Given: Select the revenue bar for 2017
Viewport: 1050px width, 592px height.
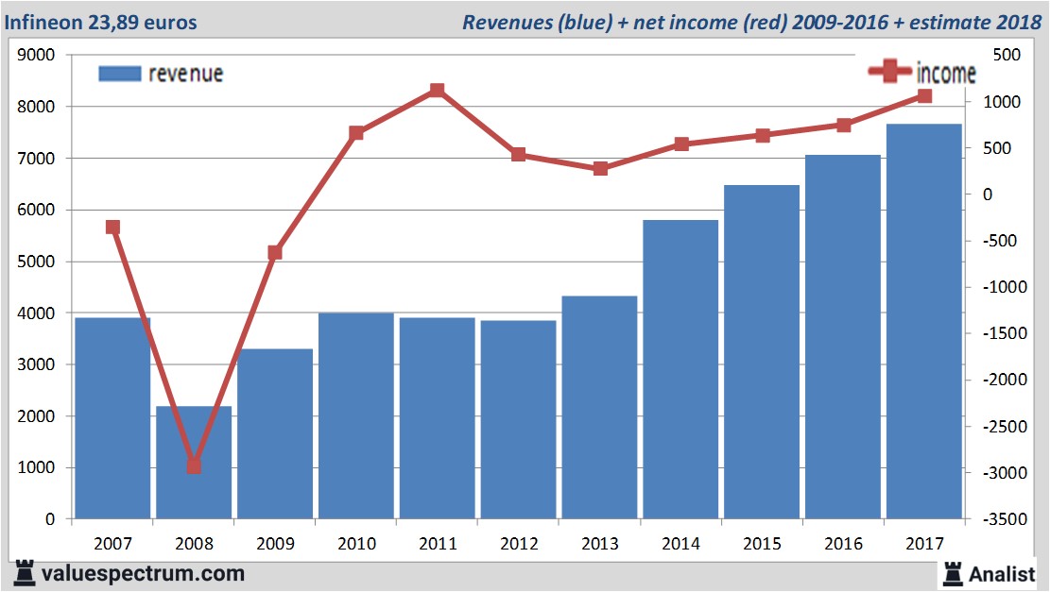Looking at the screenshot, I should click(923, 321).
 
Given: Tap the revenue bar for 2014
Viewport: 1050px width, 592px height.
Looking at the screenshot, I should click(680, 368).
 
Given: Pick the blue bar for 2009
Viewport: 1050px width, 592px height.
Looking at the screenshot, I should click(275, 434).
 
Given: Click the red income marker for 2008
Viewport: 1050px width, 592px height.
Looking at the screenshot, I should click(194, 465).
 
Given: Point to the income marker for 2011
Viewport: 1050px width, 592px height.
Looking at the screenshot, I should click(437, 91).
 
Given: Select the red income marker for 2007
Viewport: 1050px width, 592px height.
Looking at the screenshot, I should click(112, 227).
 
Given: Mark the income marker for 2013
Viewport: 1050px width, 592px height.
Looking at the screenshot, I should click(599, 169).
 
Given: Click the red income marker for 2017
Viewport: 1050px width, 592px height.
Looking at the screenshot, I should click(923, 96).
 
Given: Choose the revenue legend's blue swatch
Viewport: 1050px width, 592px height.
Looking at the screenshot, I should click(119, 74).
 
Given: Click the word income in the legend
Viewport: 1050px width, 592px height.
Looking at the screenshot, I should click(946, 73).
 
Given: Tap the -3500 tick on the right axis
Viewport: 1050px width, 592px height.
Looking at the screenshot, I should click(1005, 519).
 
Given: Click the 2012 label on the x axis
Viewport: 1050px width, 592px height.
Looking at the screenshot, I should click(518, 544).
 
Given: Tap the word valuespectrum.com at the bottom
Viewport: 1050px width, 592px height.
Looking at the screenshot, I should click(144, 573).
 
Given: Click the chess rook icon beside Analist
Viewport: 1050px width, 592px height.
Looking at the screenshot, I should click(952, 573).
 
